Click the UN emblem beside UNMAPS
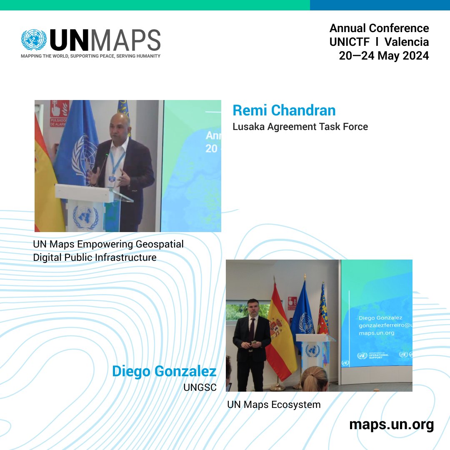[x=34, y=40]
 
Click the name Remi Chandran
[x=284, y=110]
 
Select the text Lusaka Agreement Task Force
[x=300, y=127]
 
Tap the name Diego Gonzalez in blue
[x=164, y=371]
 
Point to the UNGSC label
[x=200, y=387]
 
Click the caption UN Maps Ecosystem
[x=274, y=405]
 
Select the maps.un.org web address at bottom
[x=391, y=425]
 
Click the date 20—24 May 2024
[x=384, y=56]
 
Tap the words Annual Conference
[x=379, y=28]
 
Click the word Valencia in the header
[x=406, y=42]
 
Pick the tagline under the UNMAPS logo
[x=90, y=56]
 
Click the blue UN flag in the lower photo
[x=303, y=317]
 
